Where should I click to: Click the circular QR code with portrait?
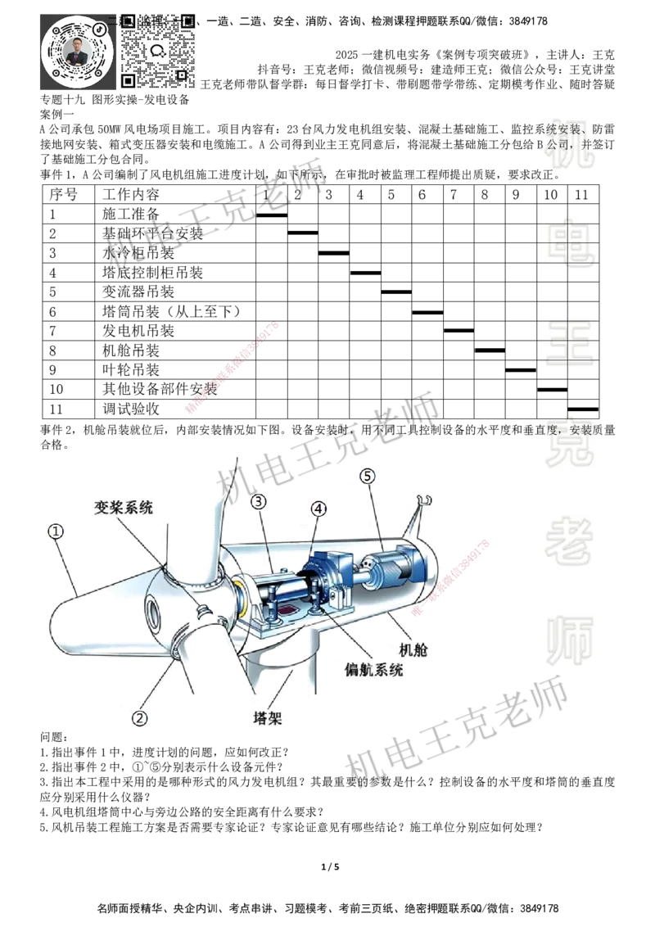click(78, 52)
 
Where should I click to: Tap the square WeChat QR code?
click(160, 49)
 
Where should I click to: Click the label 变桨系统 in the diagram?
click(122, 508)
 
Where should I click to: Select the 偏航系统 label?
click(374, 669)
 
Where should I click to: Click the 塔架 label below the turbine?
click(268, 718)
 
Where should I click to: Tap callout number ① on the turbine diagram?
click(55, 531)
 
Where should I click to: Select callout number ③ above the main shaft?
click(259, 500)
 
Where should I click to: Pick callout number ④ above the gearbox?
click(318, 509)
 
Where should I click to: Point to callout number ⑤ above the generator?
click(368, 475)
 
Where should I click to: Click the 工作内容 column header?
click(130, 195)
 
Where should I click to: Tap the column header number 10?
click(551, 195)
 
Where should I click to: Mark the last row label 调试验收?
click(130, 409)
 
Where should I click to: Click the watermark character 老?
click(569, 540)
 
